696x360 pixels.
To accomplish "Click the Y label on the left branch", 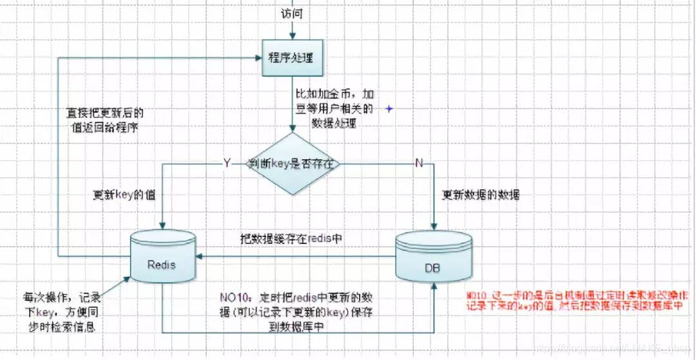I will pos(226,164).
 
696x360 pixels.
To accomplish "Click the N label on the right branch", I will pos(419,164).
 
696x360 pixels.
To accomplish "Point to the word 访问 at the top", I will pos(292,13).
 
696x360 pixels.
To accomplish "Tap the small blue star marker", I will pos(389,109).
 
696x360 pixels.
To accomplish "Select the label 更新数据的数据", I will pos(480,194).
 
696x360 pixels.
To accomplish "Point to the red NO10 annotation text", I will pos(574,300).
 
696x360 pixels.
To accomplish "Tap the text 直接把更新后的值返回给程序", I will pos(106,119).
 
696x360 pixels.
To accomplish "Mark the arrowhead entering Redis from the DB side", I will pos(199,256).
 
